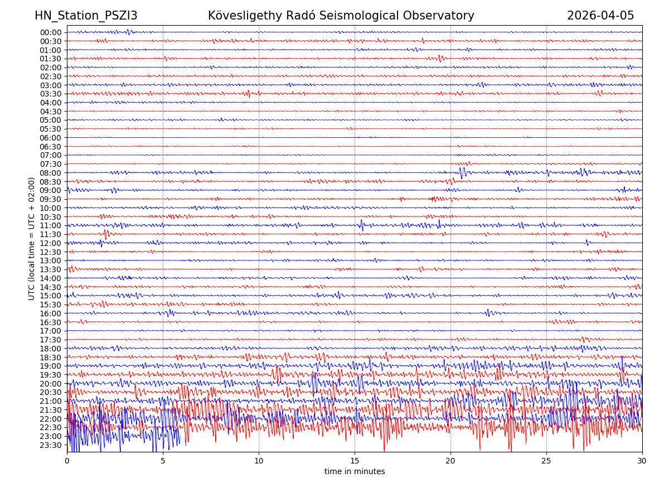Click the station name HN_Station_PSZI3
pos(86,16)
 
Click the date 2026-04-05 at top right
pos(600,16)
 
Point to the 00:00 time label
pos(51,32)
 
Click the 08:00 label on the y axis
pos(51,173)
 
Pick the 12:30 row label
pos(51,252)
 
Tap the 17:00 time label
pos(51,331)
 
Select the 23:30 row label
pos(51,445)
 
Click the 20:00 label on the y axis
pos(51,384)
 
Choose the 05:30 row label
pos(51,129)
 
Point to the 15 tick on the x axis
pos(355,461)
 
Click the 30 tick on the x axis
pos(642,461)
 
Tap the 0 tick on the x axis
pos(67,461)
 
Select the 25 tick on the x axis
pos(546,461)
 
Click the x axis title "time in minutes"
pos(355,472)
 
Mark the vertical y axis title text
pos(32,239)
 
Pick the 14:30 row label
pos(51,287)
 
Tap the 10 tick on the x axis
pos(259,461)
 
